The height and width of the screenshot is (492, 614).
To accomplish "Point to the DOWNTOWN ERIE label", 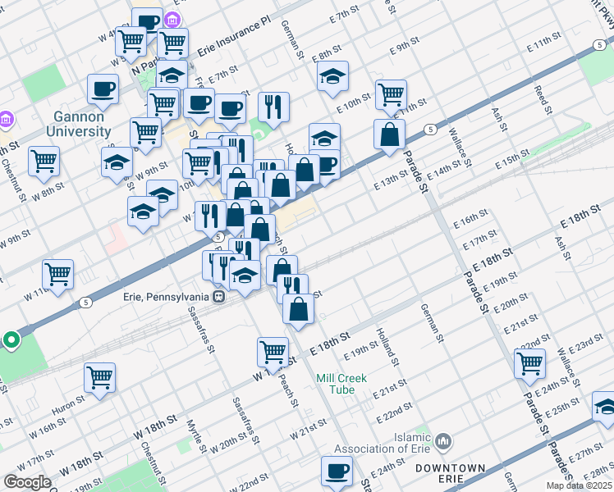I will pyautogui.click(x=450, y=473).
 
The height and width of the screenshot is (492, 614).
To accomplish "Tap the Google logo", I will pyautogui.click(x=27, y=482).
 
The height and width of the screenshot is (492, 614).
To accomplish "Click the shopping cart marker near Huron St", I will pyautogui.click(x=99, y=378).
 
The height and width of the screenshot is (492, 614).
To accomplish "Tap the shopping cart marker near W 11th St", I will pyautogui.click(x=57, y=275).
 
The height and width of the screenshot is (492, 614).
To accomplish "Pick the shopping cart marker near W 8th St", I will pyautogui.click(x=44, y=162).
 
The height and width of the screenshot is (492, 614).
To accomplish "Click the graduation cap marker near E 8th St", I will pyautogui.click(x=332, y=77).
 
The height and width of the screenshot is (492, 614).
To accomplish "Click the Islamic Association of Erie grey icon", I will pyautogui.click(x=444, y=443).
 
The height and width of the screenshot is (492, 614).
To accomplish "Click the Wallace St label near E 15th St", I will pyautogui.click(x=459, y=148).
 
